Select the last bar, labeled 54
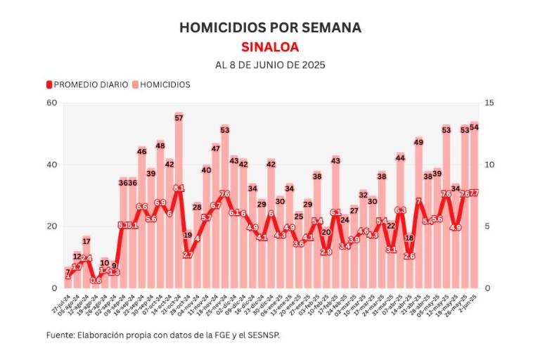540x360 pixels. [474, 211]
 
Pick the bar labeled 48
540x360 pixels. [160, 218]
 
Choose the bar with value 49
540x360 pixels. [418, 218]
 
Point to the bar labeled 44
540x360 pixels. [400, 225]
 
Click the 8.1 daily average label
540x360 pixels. [179, 188]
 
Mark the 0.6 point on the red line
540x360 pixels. [96, 281]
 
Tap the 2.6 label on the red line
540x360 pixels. [409, 257]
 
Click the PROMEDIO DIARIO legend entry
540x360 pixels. [88, 84]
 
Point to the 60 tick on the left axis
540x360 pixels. [51, 103]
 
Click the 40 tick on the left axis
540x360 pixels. [51, 165]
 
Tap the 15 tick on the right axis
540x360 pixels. [489, 103]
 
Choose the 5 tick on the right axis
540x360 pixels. [489, 226]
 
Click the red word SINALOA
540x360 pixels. [270, 47]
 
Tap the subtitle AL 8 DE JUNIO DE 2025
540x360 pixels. [270, 65]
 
